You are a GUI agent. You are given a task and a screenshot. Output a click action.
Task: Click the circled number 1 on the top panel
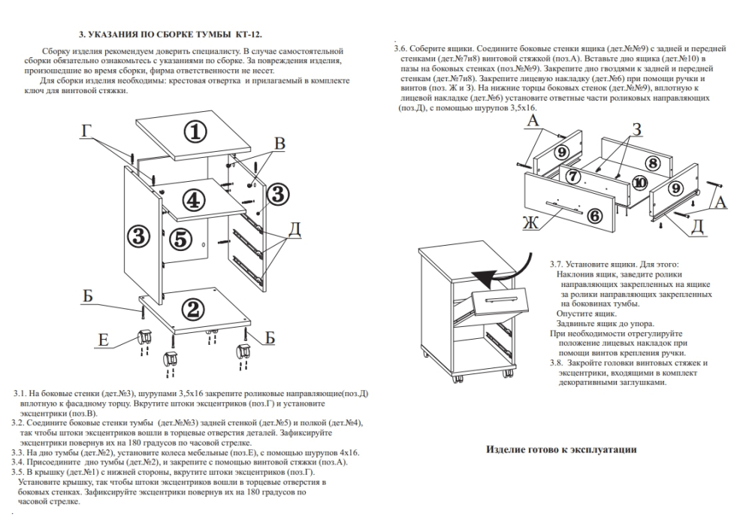pyautogui.click(x=195, y=132)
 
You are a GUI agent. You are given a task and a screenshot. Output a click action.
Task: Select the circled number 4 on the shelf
pyautogui.click(x=193, y=200)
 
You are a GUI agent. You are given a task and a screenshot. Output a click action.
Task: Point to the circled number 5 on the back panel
pyautogui.click(x=180, y=239)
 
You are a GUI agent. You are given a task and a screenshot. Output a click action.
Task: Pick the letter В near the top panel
pyautogui.click(x=279, y=144)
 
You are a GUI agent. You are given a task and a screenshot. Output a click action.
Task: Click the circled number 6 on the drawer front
pyautogui.click(x=593, y=216)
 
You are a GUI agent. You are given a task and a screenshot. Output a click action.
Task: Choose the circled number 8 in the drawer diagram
pyautogui.click(x=651, y=162)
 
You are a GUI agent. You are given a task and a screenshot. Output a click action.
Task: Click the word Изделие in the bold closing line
pyautogui.click(x=508, y=449)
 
